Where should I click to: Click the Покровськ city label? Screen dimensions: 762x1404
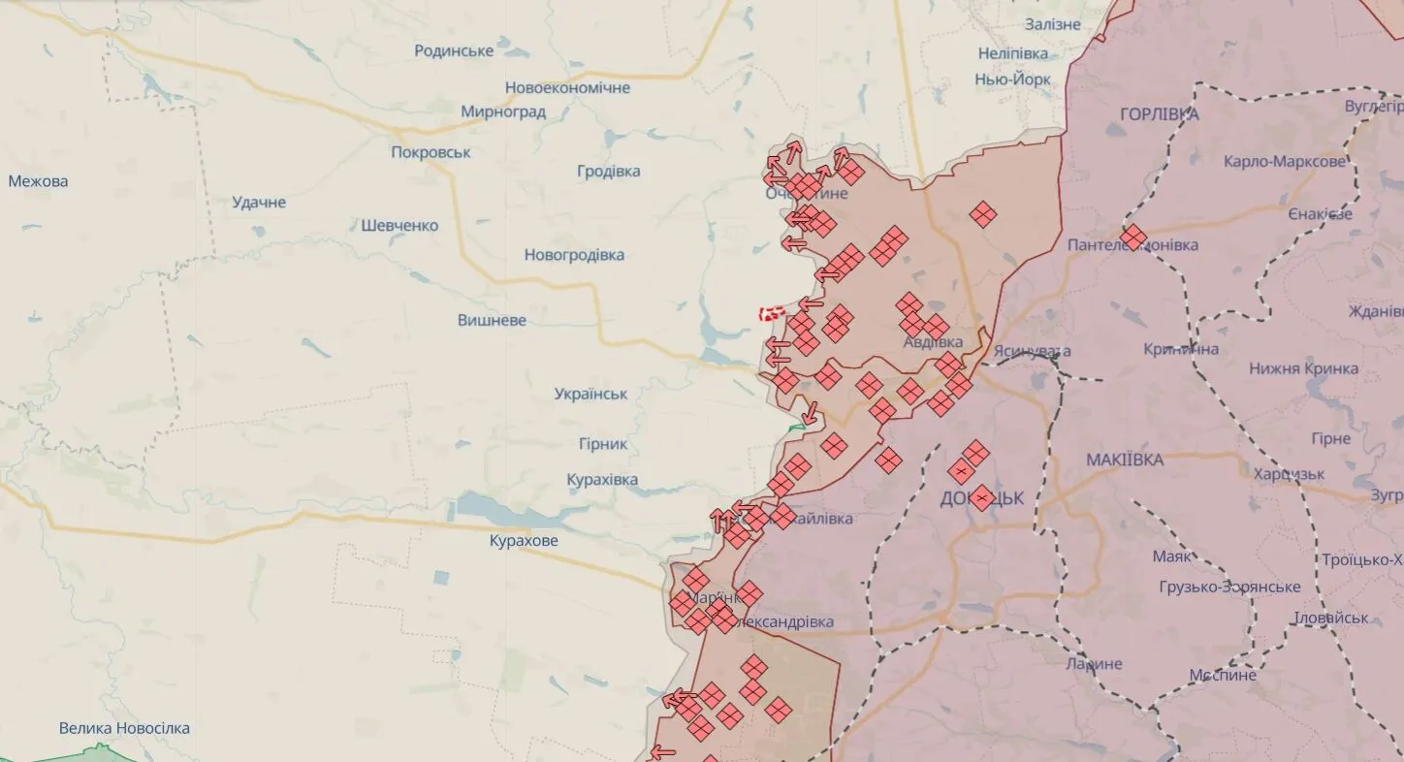click(431, 152)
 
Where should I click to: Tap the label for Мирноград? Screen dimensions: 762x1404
click(502, 111)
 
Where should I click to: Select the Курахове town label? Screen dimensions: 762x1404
click(524, 541)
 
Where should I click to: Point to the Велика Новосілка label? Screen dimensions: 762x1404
click(124, 728)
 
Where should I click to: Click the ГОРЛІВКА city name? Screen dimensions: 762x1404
click(1159, 114)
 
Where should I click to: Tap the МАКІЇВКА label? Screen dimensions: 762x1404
click(1125, 460)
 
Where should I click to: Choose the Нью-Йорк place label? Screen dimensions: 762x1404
click(1013, 79)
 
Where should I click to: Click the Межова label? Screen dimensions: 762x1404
click(38, 181)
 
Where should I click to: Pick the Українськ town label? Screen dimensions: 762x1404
click(590, 395)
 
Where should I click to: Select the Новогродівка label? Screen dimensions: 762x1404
click(574, 255)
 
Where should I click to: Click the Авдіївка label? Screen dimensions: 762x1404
click(932, 342)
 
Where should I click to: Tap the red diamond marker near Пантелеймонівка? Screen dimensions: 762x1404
click(1133, 237)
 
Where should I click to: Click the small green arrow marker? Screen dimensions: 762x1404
click(797, 427)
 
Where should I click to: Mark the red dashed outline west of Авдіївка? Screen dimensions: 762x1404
click(772, 313)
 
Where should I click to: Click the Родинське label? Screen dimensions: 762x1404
click(454, 50)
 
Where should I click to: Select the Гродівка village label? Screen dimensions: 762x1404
click(608, 172)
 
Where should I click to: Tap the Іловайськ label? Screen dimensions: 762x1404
click(1331, 618)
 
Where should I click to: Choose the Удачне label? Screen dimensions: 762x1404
click(259, 203)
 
